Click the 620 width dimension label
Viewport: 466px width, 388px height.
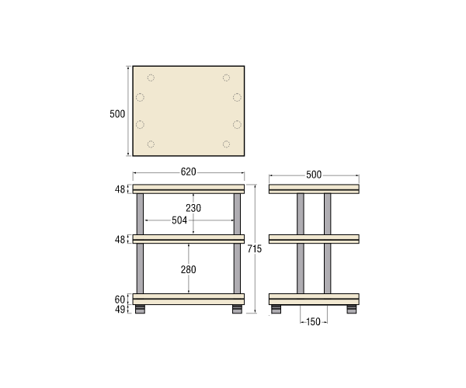[x=189, y=171]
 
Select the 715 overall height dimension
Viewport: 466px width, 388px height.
[x=255, y=249]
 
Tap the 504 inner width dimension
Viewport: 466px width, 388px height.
[x=179, y=220]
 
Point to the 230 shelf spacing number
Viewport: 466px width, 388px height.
[x=193, y=208]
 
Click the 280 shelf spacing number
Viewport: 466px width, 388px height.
[x=189, y=269]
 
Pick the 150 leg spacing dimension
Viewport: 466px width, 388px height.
[x=313, y=322]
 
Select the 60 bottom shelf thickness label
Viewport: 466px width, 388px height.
[x=120, y=300]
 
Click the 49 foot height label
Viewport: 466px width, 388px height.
[x=120, y=310]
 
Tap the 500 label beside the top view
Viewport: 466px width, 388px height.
[x=117, y=114]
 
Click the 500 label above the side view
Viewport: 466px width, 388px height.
[x=314, y=175]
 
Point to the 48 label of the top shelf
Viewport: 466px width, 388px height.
[x=120, y=189]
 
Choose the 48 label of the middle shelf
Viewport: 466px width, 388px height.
[x=120, y=240]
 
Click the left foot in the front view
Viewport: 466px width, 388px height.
[x=140, y=309]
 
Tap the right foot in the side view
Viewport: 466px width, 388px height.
[x=352, y=309]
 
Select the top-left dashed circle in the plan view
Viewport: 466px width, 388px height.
[x=151, y=78]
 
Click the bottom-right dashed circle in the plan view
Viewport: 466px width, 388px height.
[x=226, y=144]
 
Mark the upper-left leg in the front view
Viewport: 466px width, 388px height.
[x=140, y=214]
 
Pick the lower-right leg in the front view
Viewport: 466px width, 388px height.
[x=237, y=268]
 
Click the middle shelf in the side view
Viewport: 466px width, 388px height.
[x=314, y=239]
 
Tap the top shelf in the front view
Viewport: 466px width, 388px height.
[x=189, y=189]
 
